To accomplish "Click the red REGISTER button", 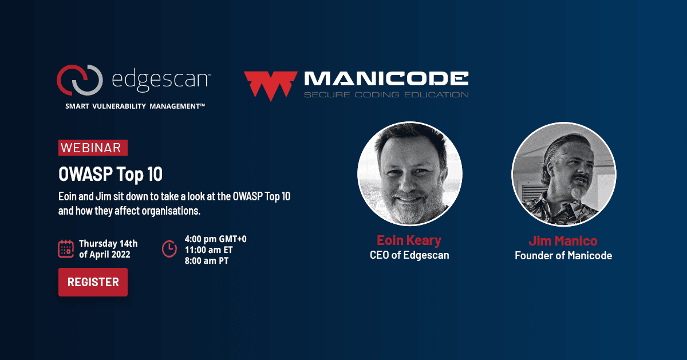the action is pos(93,282).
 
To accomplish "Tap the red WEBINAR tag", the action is pos(93,148).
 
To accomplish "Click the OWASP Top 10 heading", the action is pos(110,174).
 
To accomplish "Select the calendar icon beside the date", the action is pos(66,249).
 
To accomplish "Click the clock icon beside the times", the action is pos(169,249).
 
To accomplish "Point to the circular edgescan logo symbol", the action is pos(80,80).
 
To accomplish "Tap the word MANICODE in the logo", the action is pos(386,78).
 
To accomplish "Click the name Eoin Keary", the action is pos(409,240).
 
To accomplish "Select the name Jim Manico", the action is pos(563,241).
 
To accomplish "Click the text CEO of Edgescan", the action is pos(409,255).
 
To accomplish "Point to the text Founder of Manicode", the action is pos(563,256).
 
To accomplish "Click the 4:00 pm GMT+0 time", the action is pos(216,239).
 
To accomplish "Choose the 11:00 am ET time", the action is pos(208,250).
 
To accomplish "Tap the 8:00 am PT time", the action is pos(207,261).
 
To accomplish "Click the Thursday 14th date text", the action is pos(108,243).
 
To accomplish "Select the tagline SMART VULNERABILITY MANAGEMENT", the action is pos(135,106).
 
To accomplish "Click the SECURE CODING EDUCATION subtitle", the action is pos(386,95).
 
